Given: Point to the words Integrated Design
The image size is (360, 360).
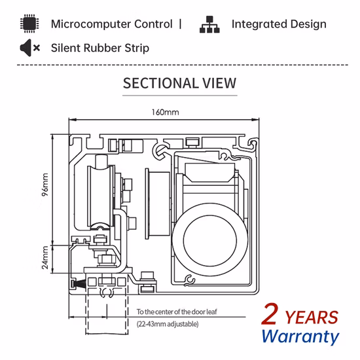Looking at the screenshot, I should (x=278, y=25).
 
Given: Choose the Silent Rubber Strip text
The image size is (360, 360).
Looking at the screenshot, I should (x=100, y=48).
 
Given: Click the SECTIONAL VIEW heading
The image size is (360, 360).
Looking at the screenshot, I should (x=180, y=83).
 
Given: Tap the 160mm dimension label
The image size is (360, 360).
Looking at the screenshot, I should (x=165, y=112).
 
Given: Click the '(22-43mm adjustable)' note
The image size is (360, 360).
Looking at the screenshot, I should (x=167, y=323).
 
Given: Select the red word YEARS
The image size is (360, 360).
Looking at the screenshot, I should (x=314, y=317).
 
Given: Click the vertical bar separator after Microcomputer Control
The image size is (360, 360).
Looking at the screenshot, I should (x=180, y=25).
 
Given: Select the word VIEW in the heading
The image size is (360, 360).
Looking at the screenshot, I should (x=219, y=83).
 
